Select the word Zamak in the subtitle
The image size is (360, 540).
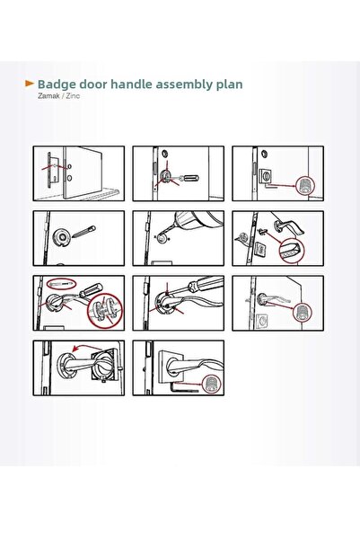[48, 96]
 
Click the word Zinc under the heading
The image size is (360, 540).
[73, 96]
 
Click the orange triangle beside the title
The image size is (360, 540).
[30, 84]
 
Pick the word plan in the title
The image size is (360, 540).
[229, 84]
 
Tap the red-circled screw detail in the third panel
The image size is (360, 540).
[305, 186]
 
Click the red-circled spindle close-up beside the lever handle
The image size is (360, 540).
[291, 251]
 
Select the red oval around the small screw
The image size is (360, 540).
[62, 284]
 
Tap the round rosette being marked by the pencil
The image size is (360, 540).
[61, 237]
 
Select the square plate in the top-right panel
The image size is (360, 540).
[267, 175]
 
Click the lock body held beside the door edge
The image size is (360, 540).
[51, 170]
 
